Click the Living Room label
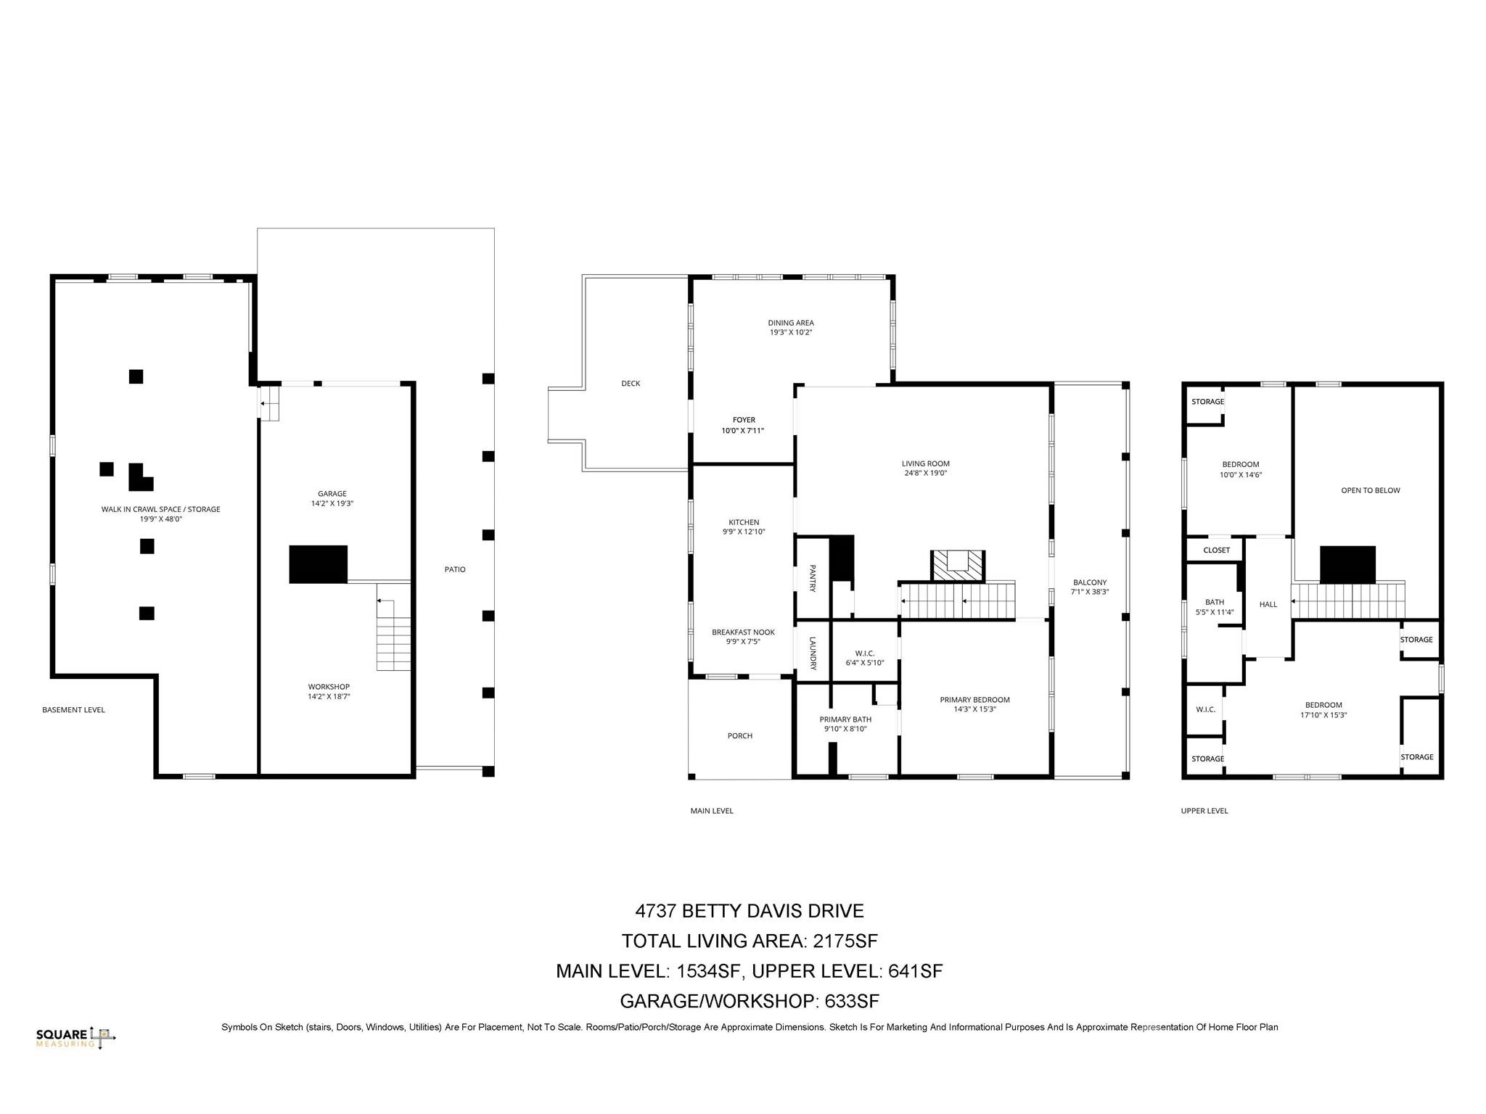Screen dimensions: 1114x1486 [x=925, y=463]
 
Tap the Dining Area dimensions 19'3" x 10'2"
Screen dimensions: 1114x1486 [x=791, y=332]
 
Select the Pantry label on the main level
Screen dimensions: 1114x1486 [x=813, y=578]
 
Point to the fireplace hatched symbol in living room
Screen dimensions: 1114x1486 [x=958, y=566]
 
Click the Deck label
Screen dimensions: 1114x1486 [x=631, y=383]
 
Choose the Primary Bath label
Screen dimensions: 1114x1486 [x=845, y=719]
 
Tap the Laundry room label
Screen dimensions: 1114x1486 [x=813, y=653]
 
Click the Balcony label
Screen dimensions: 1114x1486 [x=1090, y=582]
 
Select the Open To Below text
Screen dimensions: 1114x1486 [x=1370, y=490]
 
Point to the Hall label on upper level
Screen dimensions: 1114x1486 [x=1268, y=604]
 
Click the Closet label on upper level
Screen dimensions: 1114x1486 [x=1217, y=550]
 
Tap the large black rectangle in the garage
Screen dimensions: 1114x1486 [x=318, y=564]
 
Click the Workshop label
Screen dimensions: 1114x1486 [x=329, y=687]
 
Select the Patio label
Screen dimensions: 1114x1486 [x=455, y=569]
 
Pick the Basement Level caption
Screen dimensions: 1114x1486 [x=73, y=709]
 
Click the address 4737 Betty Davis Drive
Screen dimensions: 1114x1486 [x=749, y=911]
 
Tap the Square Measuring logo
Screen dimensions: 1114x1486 [x=75, y=1038]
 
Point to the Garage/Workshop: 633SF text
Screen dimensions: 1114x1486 [x=749, y=1001]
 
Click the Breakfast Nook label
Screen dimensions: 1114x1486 [x=743, y=632]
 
